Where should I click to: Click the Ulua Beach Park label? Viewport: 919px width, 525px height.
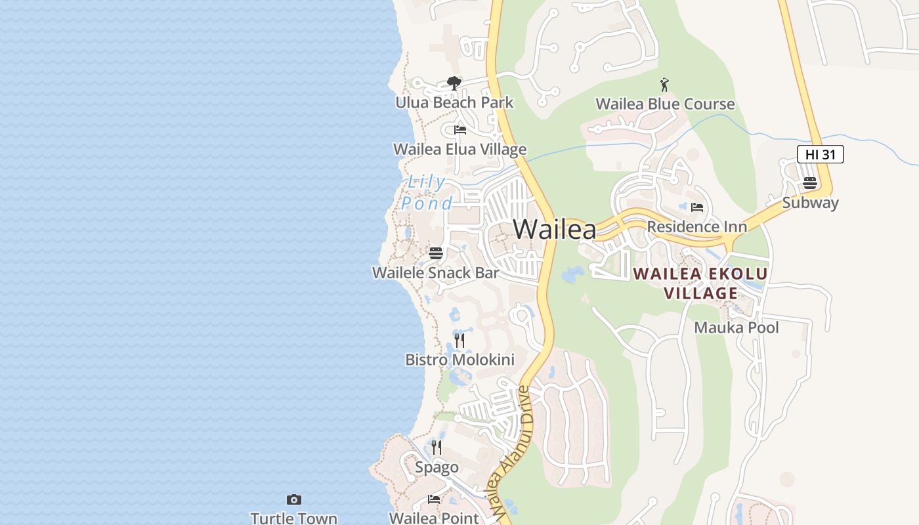[x=454, y=103]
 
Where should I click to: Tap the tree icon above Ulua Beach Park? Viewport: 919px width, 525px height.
[x=454, y=83]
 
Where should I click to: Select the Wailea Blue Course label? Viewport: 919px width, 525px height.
[x=665, y=104]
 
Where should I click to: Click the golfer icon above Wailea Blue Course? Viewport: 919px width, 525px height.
[x=664, y=85]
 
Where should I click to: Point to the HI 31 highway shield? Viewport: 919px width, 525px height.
[x=820, y=155]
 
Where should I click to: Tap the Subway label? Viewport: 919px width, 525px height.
[x=810, y=203]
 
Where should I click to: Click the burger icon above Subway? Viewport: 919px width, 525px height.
[x=810, y=183]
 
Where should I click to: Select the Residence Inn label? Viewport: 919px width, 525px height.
[x=696, y=227]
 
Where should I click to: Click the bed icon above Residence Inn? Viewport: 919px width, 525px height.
[x=697, y=207]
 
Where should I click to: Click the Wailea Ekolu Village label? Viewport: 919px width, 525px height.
[x=700, y=283]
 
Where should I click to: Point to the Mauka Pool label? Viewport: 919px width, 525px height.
[x=737, y=327]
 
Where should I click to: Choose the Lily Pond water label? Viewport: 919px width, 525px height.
[x=427, y=192]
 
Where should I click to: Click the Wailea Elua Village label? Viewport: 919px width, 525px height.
[x=460, y=150]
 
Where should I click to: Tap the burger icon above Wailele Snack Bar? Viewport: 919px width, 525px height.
[x=436, y=253]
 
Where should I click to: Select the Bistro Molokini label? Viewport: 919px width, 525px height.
[x=460, y=360]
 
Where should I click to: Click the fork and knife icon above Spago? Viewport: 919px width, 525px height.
[x=437, y=448]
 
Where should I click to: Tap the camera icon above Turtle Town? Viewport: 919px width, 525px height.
[x=294, y=500]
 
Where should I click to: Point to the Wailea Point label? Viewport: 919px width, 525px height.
[x=434, y=518]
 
